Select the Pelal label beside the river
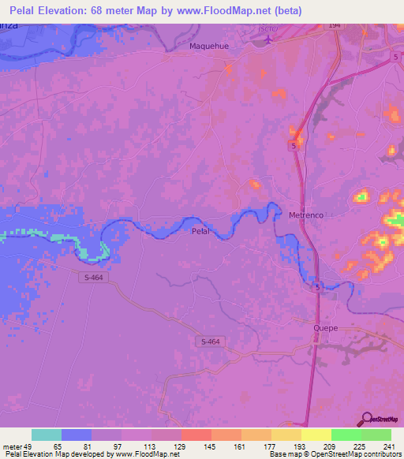coord(202,232)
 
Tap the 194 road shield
coord(335,26)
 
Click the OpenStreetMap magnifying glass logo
coord(366,420)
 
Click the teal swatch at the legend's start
coord(47,435)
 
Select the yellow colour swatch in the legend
coord(316,435)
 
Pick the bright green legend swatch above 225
coord(346,435)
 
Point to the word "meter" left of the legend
coord(12,446)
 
